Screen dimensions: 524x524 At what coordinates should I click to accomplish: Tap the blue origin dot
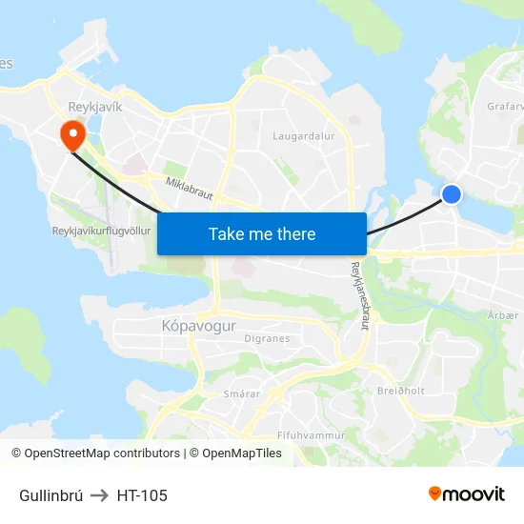click(452, 194)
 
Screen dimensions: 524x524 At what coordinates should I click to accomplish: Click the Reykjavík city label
click(95, 107)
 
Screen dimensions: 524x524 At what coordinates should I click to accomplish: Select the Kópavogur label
click(185, 326)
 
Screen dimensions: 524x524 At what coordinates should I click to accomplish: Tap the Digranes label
click(268, 337)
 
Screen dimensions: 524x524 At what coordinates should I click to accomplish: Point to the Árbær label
click(504, 315)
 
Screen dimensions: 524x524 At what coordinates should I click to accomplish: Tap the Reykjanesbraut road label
click(359, 296)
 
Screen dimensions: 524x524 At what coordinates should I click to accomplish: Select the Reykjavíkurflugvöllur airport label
click(102, 232)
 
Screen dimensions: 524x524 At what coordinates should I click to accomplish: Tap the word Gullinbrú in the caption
click(51, 495)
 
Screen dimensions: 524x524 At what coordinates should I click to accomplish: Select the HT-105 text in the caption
click(142, 495)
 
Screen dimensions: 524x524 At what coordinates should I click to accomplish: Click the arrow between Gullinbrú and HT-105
click(100, 495)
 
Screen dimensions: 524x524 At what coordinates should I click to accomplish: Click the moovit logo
click(467, 494)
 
